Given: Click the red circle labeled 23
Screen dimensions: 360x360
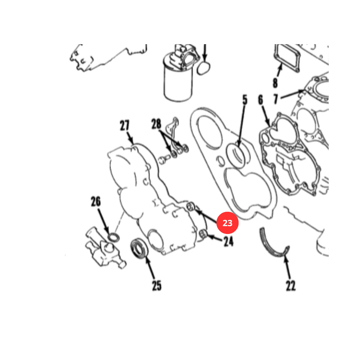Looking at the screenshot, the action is [227, 223].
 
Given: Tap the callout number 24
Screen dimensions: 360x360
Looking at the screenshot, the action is [229, 242].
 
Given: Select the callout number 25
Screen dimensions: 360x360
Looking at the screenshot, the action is [157, 286].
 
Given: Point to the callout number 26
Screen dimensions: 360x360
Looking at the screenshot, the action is [96, 202].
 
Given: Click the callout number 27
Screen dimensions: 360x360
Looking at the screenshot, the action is [124, 125].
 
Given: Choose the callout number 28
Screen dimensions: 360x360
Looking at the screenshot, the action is [156, 124].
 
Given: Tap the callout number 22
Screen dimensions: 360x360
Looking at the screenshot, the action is [291, 286].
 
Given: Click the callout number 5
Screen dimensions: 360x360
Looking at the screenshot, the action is [245, 100].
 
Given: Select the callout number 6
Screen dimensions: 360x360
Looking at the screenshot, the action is [261, 100].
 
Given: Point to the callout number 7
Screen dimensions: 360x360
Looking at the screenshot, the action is [276, 99].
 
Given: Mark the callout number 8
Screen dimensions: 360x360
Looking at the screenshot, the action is [275, 83].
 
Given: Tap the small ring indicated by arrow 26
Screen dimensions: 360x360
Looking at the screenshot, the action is [114, 237].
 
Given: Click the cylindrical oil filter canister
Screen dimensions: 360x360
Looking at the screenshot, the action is [178, 78].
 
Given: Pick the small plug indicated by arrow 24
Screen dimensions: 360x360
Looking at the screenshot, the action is [203, 234].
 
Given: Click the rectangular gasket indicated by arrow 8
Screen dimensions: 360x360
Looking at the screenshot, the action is [287, 58].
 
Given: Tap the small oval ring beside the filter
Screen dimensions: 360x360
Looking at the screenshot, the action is [204, 68].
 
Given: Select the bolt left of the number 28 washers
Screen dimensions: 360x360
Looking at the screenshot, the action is [164, 159].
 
